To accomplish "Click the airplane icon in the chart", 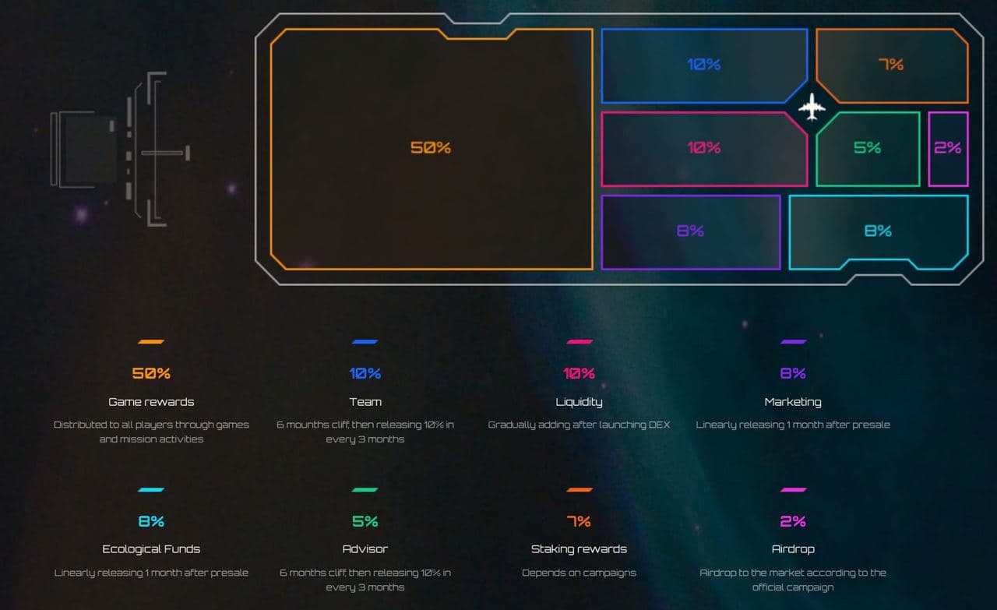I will point(812,107).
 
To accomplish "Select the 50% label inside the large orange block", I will point(431,147).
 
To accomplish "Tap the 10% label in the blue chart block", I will point(703,65).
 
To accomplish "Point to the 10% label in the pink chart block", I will point(703,147).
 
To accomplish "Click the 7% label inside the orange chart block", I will point(890,65).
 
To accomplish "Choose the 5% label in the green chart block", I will point(867,147).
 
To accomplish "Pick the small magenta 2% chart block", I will point(948,148).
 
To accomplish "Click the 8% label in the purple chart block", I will point(690,231).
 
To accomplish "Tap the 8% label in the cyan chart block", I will point(878,231).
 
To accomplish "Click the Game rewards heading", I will point(151,402).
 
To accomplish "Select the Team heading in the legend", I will point(365,402).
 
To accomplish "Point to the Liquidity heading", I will point(579,402).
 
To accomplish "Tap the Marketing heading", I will point(793,402).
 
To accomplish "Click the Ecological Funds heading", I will point(151,549).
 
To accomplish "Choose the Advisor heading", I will point(365,549).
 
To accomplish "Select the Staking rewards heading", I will point(579,549).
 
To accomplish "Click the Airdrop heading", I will point(793,549).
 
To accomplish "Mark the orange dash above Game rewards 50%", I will point(151,341).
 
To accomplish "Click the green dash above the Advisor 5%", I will point(365,489).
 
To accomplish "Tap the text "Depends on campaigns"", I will point(579,573).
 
